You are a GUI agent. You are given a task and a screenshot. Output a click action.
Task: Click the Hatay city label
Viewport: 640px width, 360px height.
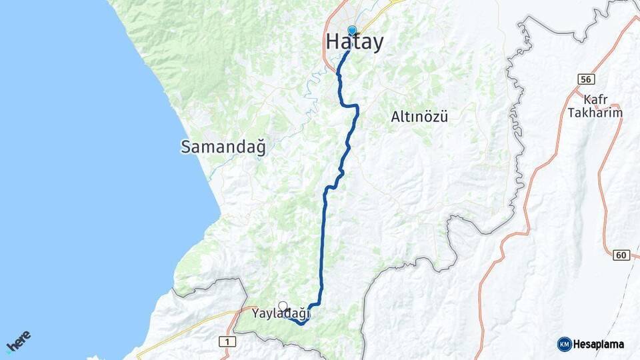tap(355, 42)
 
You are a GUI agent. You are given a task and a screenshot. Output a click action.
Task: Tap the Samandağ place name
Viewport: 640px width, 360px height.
tap(223, 147)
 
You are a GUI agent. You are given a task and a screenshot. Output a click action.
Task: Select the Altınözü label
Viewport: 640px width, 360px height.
tap(419, 117)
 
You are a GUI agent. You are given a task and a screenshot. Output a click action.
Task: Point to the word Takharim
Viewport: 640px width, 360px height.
tap(595, 113)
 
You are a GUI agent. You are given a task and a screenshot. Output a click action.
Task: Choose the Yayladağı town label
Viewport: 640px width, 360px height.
tap(281, 313)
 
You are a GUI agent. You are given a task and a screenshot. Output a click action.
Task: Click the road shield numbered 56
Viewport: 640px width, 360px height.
tap(586, 79)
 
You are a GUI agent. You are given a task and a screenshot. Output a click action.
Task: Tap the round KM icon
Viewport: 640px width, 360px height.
tap(564, 344)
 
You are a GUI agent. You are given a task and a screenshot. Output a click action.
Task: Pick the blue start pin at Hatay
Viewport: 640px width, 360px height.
tap(352, 30)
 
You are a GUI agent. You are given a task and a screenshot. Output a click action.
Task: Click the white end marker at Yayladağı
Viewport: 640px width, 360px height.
tap(283, 306)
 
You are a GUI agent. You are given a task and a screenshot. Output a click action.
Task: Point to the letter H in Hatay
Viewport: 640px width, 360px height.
tap(333, 42)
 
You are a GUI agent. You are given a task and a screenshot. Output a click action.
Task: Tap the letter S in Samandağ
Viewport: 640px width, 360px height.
tap(185, 147)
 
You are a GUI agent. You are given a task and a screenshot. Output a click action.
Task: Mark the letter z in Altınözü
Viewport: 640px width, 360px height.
tap(433, 117)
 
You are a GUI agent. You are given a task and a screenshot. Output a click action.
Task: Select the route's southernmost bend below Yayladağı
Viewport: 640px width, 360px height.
tap(302, 323)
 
